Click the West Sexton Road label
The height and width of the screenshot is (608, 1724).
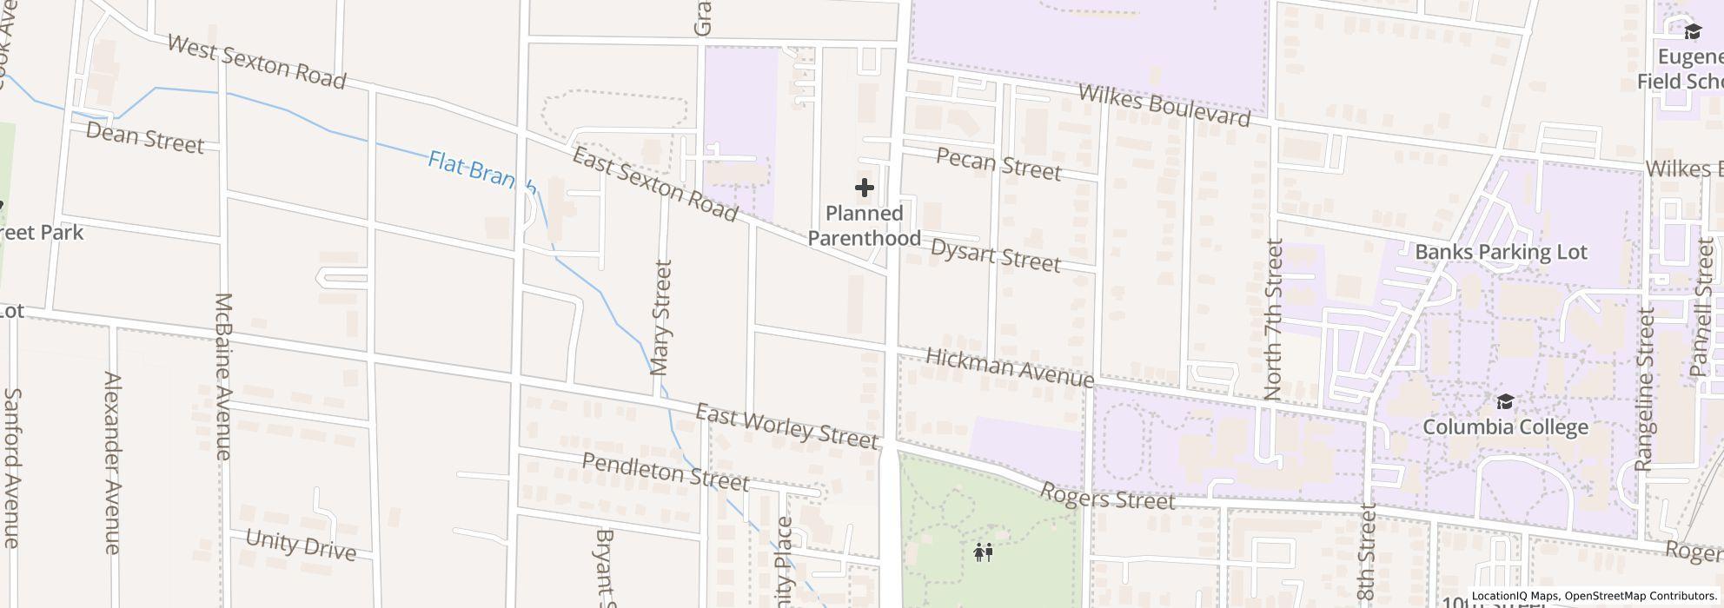(x=256, y=62)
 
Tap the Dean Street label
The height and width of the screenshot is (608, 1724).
(x=145, y=138)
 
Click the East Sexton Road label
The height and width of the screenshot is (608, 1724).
(x=655, y=184)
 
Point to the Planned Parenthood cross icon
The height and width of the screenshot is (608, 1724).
(x=864, y=188)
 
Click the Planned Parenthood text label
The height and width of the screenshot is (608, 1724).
(x=864, y=226)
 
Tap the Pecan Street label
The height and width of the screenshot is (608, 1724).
(x=998, y=163)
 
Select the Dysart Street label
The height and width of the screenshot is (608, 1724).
(x=995, y=254)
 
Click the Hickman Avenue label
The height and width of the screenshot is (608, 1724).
(x=1009, y=367)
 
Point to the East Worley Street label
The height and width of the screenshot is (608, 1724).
(x=786, y=426)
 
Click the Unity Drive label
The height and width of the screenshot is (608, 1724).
(x=301, y=545)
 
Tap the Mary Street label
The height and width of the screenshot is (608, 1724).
(x=662, y=317)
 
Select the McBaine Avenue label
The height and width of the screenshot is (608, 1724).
(x=223, y=375)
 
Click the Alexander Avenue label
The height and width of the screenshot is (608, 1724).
(x=112, y=462)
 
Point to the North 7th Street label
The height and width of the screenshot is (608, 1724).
(x=1274, y=319)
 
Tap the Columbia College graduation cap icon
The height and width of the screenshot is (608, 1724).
(x=1505, y=401)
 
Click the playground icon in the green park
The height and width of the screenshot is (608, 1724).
(x=984, y=552)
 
